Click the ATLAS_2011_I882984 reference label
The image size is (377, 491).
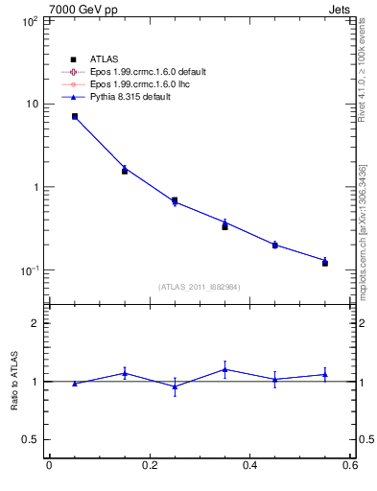pyautogui.click(x=200, y=287)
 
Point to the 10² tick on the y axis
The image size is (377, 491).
pyautogui.click(x=28, y=20)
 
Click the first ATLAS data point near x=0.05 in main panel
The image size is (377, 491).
pyautogui.click(x=74, y=116)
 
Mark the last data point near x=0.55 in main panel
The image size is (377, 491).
pyautogui.click(x=325, y=262)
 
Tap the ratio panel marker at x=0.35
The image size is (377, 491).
pyautogui.click(x=224, y=369)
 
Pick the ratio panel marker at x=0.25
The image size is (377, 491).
pyautogui.click(x=175, y=386)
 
